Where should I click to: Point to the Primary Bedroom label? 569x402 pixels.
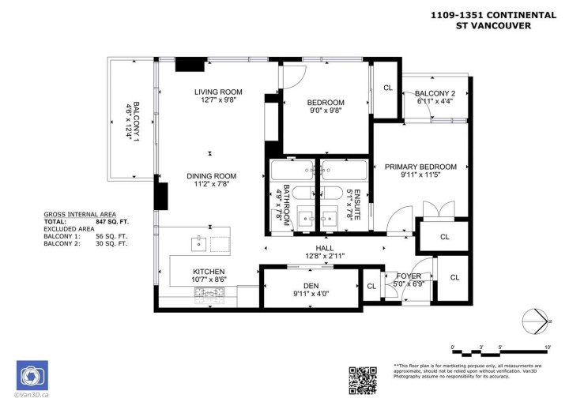click(420, 167)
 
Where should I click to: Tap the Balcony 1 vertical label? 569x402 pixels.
click(136, 123)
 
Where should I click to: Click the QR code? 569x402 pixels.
click(364, 379)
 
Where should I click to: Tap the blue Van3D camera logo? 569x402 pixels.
click(32, 375)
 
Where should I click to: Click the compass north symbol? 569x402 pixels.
click(537, 321)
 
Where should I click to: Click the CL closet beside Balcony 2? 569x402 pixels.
click(387, 88)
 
